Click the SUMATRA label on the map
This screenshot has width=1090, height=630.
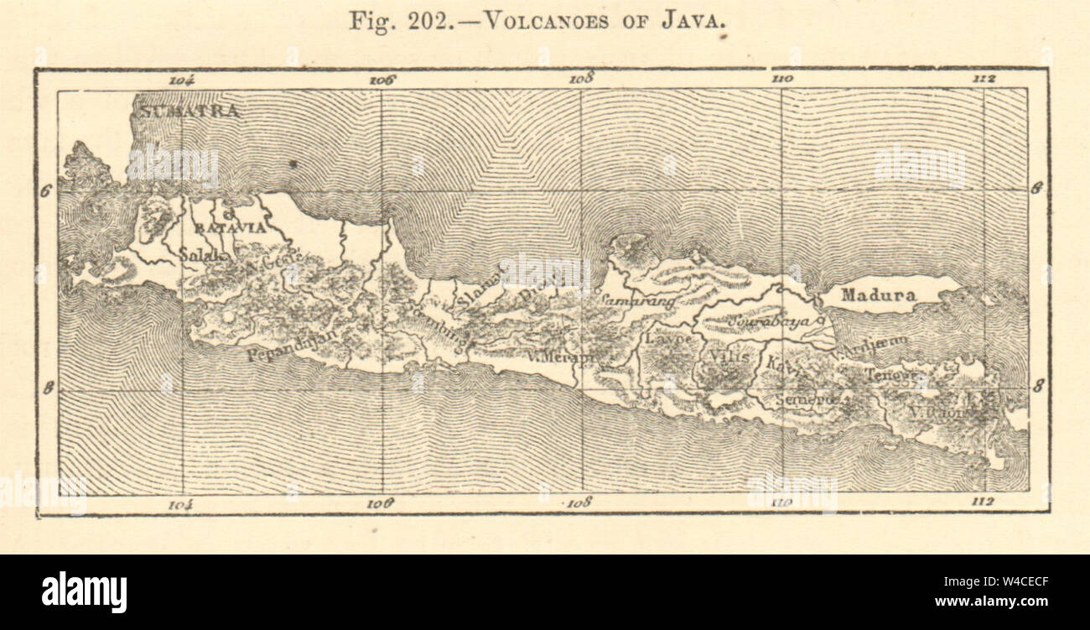[x=189, y=111]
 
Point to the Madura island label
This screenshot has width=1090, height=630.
[x=879, y=295]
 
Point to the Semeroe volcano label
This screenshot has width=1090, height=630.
[x=807, y=399]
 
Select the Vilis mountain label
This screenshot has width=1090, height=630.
[x=729, y=356]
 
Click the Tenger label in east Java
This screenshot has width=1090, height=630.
[x=892, y=375]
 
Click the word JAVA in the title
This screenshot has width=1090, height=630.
[x=698, y=21]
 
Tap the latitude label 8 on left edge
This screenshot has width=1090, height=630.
[x=48, y=388]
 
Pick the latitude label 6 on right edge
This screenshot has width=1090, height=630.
[x=1036, y=189]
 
